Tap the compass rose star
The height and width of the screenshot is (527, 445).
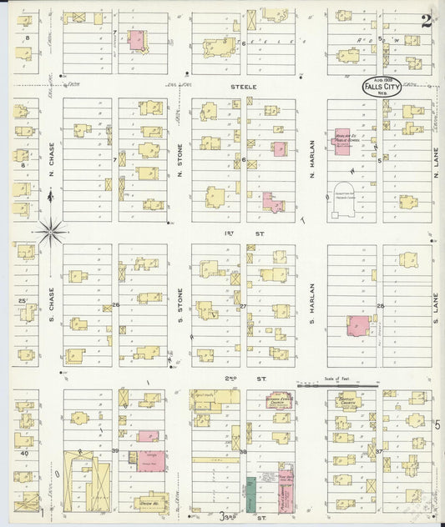52,229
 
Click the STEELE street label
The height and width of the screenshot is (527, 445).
244,86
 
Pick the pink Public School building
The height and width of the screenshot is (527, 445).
341,142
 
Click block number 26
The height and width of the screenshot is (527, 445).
116,305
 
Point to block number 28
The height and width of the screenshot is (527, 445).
380,306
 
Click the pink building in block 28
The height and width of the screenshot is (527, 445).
357,325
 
